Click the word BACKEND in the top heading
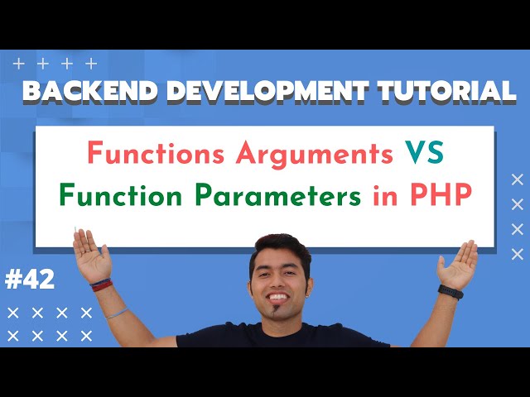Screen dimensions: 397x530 tap(79, 91)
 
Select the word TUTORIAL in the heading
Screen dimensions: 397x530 tap(439, 91)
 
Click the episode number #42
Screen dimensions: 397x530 tap(30, 280)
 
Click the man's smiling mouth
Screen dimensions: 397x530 tap(276, 296)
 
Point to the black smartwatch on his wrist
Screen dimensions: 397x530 tap(450, 291)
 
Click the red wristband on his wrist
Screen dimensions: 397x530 tap(102, 284)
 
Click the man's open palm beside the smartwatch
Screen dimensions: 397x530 tap(458, 264)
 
